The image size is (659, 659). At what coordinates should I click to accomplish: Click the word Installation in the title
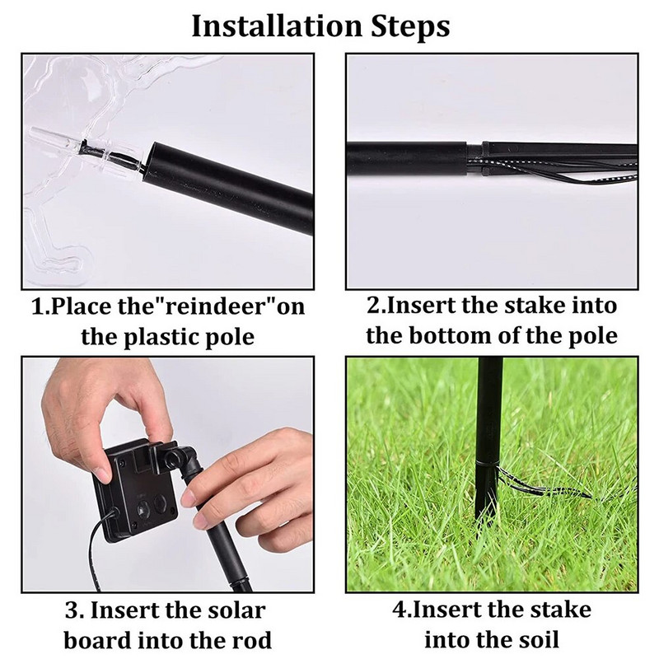pyautogui.click(x=276, y=26)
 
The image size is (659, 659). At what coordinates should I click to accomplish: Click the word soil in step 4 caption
pyautogui.click(x=540, y=640)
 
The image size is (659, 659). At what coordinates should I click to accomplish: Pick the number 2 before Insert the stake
pyautogui.click(x=373, y=306)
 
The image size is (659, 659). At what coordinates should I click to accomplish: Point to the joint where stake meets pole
pyautogui.click(x=474, y=158)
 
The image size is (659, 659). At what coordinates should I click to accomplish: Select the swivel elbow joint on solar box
pyautogui.click(x=180, y=459)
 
